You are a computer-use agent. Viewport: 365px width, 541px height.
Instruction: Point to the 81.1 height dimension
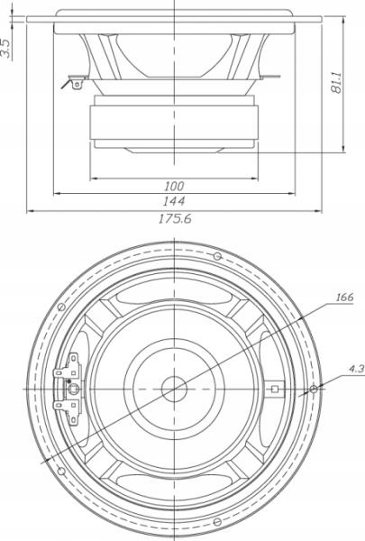[335, 83]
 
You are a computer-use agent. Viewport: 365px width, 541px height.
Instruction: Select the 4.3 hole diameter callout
[354, 369]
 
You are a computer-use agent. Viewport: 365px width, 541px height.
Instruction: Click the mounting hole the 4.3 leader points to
[312, 390]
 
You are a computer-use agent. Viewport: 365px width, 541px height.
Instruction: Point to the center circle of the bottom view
[173, 390]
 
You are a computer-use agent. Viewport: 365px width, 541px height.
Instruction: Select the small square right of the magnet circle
[274, 390]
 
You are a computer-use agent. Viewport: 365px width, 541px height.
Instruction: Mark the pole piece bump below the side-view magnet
[174, 147]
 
